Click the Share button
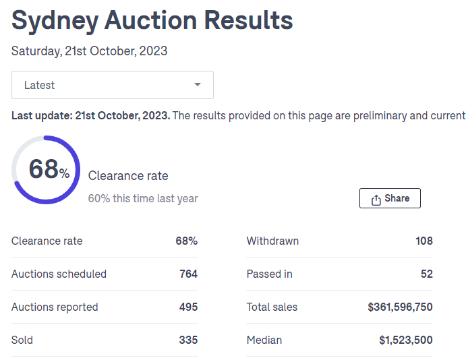390,198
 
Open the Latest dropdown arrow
197,85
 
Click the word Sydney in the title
54,21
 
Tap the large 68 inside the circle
44,169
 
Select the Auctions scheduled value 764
188,274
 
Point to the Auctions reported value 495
188,307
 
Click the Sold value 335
188,340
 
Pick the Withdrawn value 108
424,241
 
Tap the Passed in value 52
426,274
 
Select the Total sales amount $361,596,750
400,307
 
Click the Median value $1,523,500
406,340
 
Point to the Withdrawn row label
272,241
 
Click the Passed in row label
269,274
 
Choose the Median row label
264,340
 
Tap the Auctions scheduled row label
59,274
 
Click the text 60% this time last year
143,199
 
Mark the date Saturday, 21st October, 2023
89,51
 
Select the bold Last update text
91,116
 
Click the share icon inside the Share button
376,199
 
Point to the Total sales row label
272,307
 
